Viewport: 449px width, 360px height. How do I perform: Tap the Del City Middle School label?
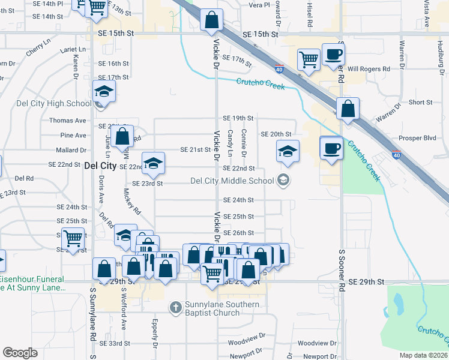(x=232, y=180)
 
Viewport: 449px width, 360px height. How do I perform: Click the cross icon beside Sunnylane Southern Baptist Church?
(x=175, y=308)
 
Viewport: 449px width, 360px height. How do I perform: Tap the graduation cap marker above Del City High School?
(x=104, y=92)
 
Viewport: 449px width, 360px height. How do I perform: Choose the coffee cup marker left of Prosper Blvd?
(x=331, y=148)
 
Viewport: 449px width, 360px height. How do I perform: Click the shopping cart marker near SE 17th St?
(x=309, y=59)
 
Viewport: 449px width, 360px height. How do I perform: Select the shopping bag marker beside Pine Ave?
(x=122, y=136)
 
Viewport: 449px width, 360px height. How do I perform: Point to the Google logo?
(x=20, y=353)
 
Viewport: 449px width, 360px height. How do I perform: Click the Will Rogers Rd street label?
(x=369, y=69)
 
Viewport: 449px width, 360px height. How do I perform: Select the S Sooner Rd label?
(x=342, y=304)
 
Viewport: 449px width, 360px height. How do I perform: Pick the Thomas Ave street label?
(x=68, y=121)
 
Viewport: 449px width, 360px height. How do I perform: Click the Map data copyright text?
(x=424, y=355)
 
